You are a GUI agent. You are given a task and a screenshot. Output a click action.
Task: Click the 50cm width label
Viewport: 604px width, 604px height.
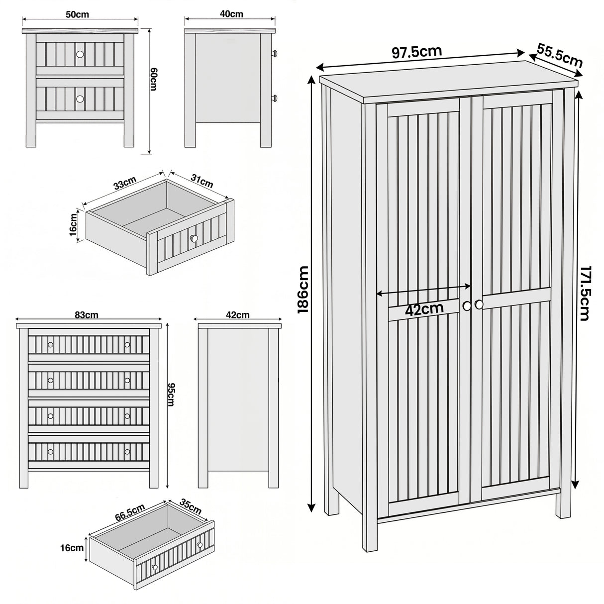[x=77, y=14]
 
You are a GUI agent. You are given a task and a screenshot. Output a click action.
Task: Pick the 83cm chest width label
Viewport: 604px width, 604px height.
[x=87, y=315]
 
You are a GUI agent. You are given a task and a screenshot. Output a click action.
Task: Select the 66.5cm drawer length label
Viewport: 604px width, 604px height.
[x=130, y=512]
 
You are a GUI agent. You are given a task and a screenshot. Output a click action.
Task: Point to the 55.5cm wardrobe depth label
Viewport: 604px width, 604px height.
[x=560, y=55]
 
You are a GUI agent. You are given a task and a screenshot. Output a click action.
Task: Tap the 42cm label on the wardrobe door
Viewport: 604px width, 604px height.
[x=424, y=309]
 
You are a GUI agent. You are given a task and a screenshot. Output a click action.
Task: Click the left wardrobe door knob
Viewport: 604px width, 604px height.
[x=467, y=305]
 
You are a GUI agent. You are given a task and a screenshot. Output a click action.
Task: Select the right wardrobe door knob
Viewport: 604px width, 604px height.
[x=479, y=304]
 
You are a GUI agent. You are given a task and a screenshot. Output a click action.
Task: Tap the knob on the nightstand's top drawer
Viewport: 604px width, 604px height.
[x=80, y=54]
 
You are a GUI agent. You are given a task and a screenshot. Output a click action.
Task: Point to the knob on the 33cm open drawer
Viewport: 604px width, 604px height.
[x=194, y=239]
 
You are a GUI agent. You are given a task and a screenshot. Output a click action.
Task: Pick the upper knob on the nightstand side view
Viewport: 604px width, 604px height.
[x=274, y=52]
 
